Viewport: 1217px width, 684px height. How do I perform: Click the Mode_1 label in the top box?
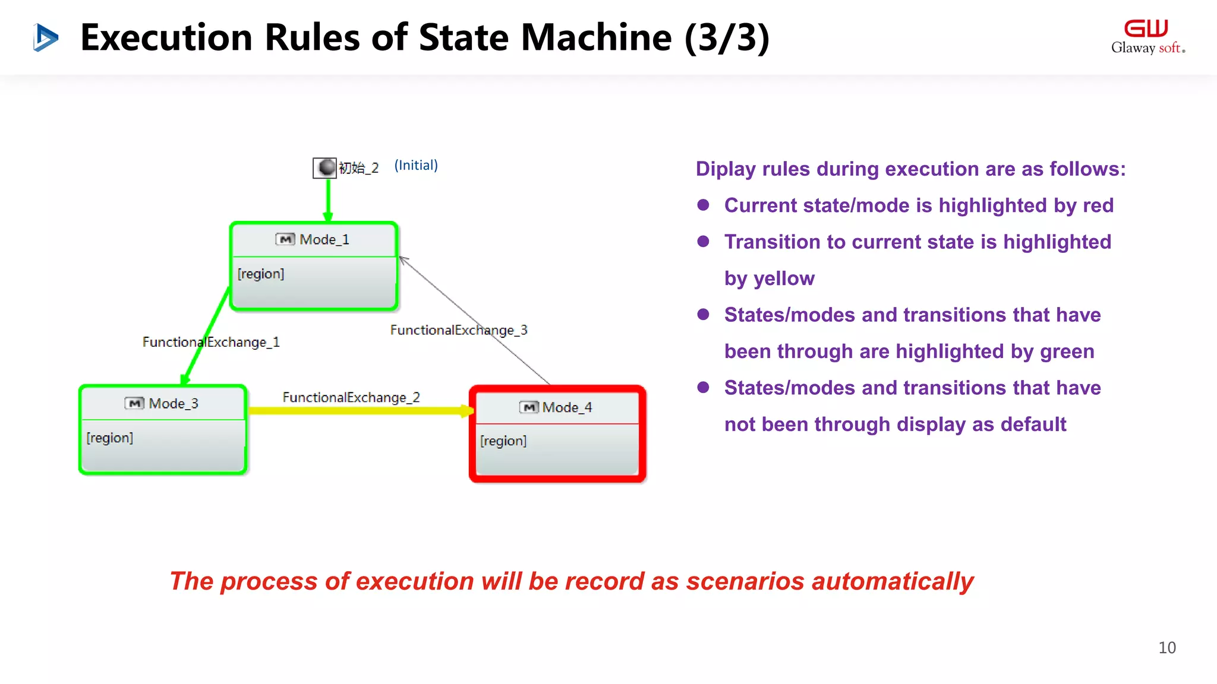(324, 239)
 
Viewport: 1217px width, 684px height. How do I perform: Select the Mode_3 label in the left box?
(173, 404)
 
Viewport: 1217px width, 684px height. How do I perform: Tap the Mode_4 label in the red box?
(567, 407)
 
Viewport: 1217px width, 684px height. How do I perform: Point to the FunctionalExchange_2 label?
(351, 397)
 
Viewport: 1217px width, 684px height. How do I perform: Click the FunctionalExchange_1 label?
(211, 342)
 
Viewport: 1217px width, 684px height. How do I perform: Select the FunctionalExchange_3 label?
(459, 330)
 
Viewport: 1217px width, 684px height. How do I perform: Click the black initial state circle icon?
(326, 167)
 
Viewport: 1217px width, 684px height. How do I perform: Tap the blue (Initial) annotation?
(416, 165)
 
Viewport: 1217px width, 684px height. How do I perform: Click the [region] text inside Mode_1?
(261, 274)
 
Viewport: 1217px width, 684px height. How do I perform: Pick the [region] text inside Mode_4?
(503, 441)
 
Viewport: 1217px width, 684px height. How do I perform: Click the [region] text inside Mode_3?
(110, 438)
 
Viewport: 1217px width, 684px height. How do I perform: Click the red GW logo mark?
(1146, 28)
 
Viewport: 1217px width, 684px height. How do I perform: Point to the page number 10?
(1166, 648)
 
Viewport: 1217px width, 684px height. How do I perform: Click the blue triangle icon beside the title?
(45, 37)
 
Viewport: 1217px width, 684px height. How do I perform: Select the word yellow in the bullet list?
(784, 278)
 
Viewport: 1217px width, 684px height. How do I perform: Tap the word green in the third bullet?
(1067, 351)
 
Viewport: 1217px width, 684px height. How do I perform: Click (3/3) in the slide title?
(727, 37)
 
